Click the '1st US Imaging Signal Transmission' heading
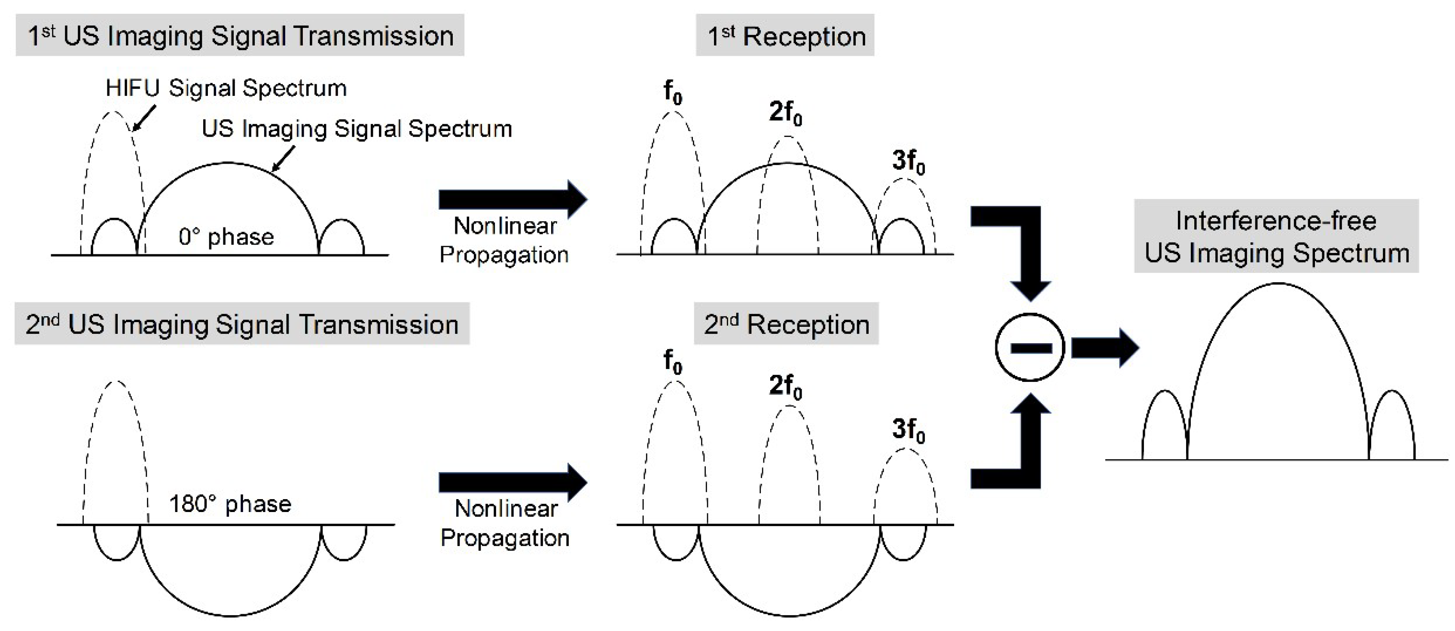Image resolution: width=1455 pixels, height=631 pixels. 240,36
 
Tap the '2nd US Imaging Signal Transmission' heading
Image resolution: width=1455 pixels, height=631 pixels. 242,324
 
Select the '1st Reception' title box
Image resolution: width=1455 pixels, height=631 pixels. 785,36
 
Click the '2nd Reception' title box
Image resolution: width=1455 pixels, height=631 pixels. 786,324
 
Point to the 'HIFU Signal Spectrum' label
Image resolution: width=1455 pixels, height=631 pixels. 226,88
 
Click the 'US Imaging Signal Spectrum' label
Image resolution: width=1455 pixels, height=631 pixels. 357,129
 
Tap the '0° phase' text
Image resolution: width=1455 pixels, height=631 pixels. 226,237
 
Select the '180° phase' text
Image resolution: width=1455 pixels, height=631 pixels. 230,503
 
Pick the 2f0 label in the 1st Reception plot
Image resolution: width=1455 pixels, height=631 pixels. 785,113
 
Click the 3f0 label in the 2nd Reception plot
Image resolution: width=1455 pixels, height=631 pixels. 908,430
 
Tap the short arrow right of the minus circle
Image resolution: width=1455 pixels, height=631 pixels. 1104,348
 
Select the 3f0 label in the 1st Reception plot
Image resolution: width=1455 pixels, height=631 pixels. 908,161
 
